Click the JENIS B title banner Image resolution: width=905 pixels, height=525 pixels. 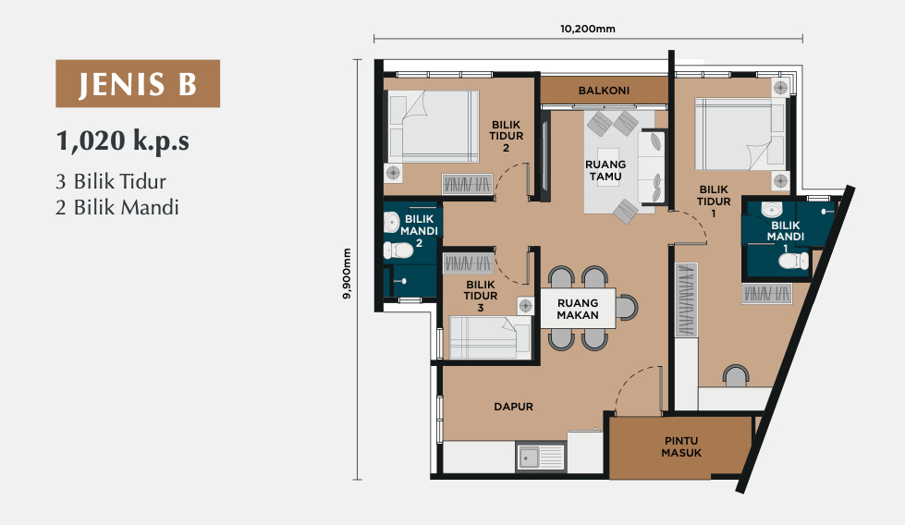pyautogui.click(x=138, y=84)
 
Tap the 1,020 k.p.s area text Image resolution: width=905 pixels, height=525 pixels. pyautogui.click(x=122, y=141)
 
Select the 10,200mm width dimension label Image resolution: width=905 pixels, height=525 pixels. pyautogui.click(x=588, y=29)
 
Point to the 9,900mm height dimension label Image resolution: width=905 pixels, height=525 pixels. pyautogui.click(x=347, y=274)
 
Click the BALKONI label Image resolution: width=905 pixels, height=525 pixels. pyautogui.click(x=604, y=91)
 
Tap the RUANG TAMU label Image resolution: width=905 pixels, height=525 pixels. pyautogui.click(x=605, y=171)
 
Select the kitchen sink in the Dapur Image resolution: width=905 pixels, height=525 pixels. pyautogui.click(x=541, y=458)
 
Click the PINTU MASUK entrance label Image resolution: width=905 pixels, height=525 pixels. pyautogui.click(x=681, y=447)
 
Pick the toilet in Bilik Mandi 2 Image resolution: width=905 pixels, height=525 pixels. pyautogui.click(x=398, y=250)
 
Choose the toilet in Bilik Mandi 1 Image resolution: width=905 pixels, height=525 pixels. pyautogui.click(x=793, y=261)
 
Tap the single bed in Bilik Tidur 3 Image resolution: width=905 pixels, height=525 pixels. pyautogui.click(x=489, y=337)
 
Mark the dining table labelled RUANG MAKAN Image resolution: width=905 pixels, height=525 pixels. pyautogui.click(x=578, y=309)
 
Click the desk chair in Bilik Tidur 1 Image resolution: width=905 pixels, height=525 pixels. pyautogui.click(x=736, y=375)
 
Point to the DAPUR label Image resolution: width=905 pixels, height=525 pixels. pyautogui.click(x=513, y=407)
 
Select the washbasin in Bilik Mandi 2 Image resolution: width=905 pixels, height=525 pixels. pyautogui.click(x=392, y=222)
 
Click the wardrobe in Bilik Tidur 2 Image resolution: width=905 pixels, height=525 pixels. pyautogui.click(x=468, y=184)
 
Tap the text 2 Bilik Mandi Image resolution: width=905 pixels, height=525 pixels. pyautogui.click(x=117, y=207)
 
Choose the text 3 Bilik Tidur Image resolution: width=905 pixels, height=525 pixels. pyautogui.click(x=111, y=182)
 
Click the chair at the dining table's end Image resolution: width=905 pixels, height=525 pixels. pyautogui.click(x=627, y=308)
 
